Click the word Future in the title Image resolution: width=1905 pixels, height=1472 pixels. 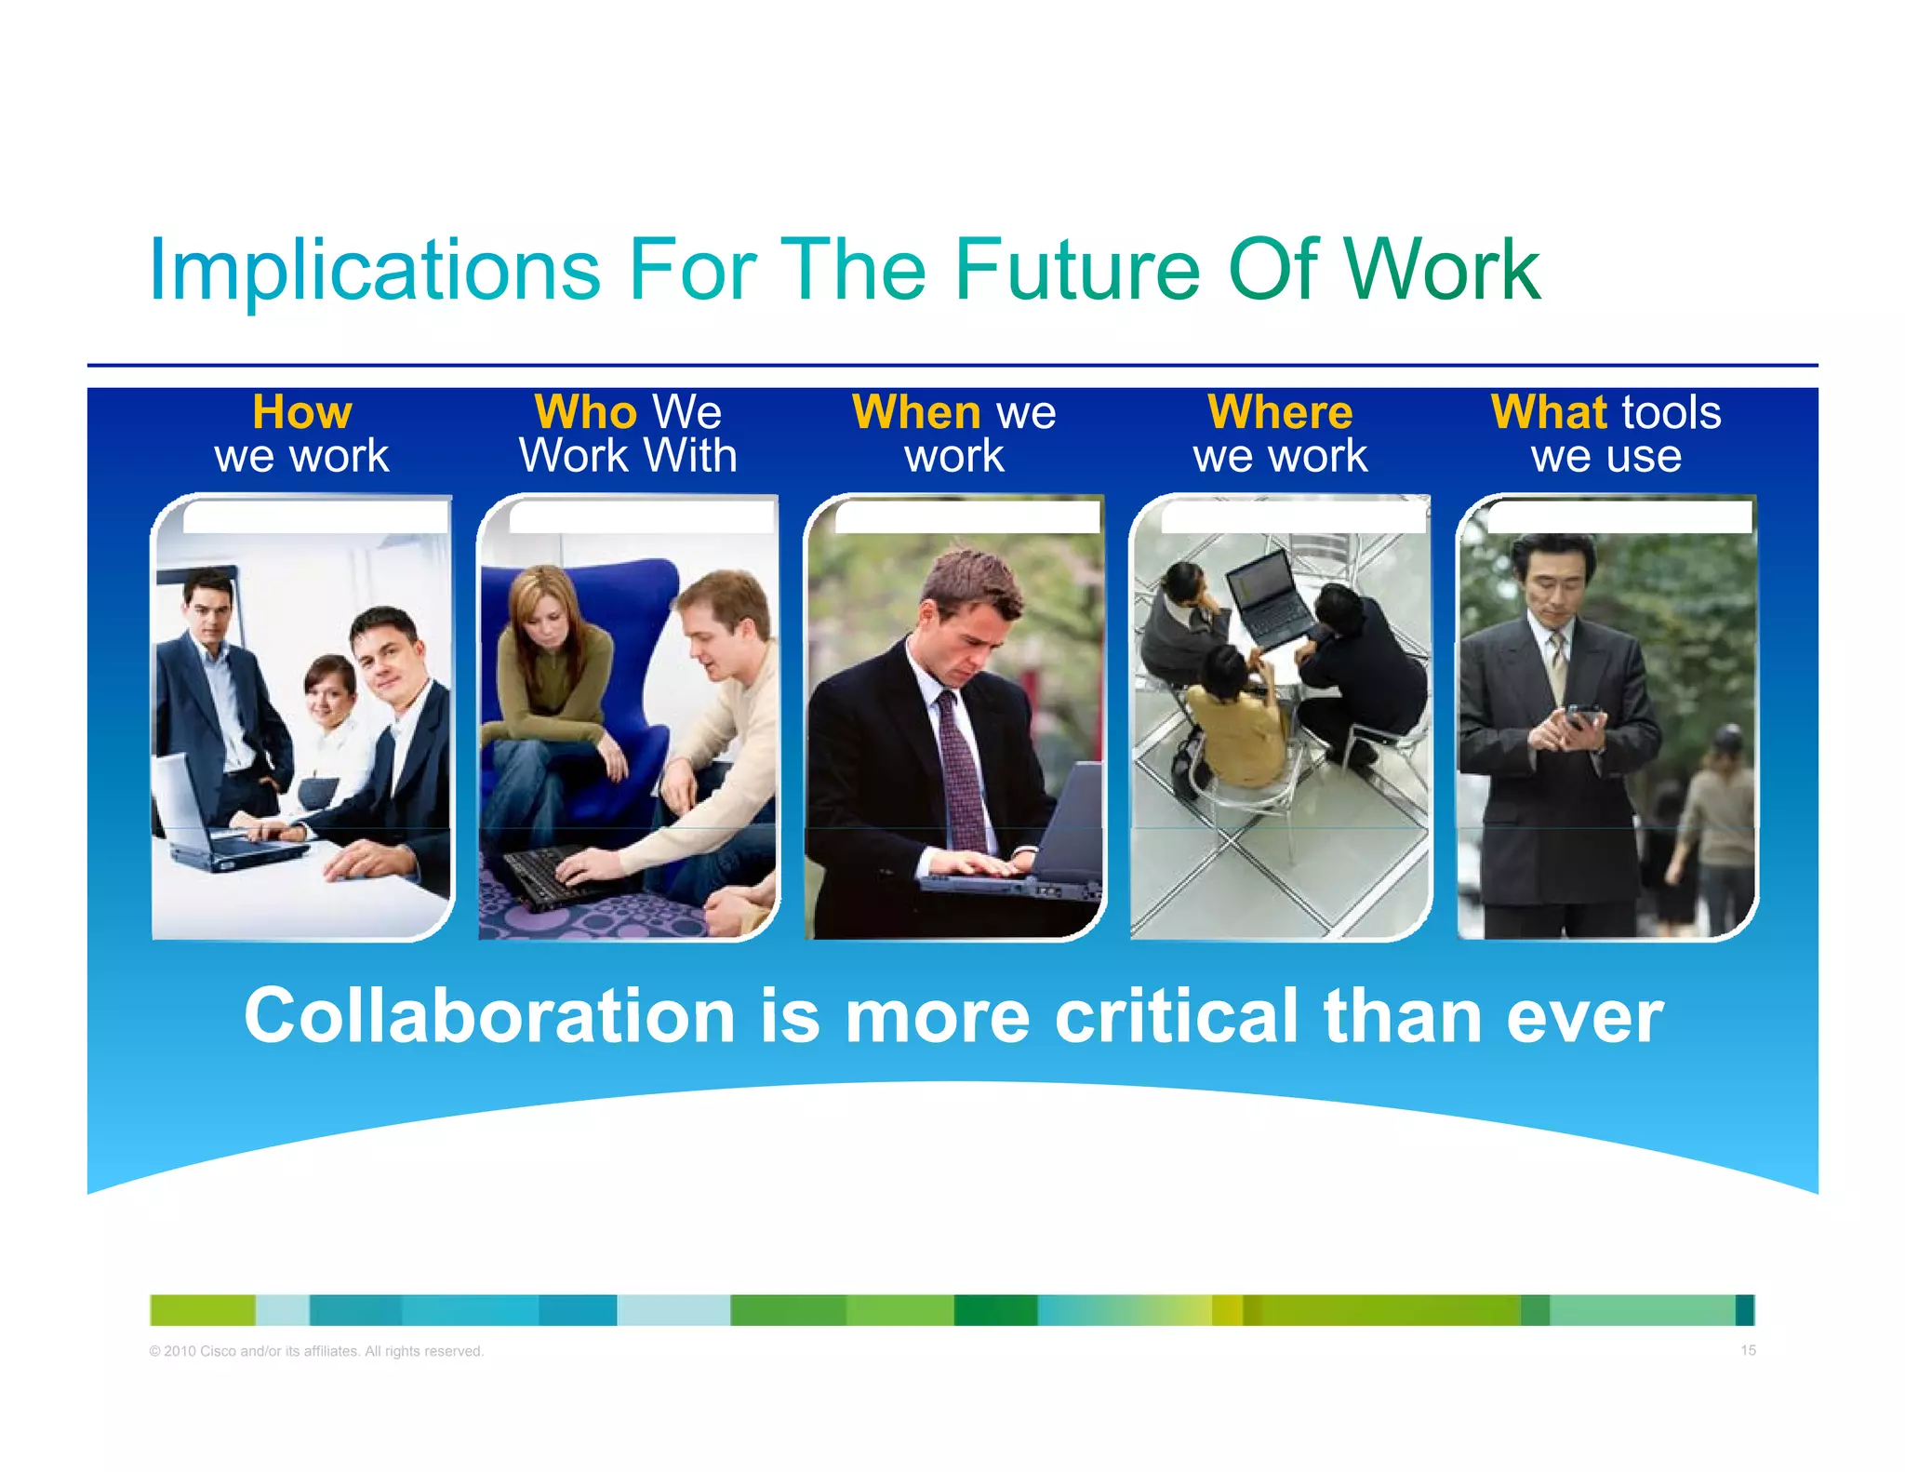click(x=1076, y=270)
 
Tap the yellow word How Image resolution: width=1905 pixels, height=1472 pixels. click(x=302, y=412)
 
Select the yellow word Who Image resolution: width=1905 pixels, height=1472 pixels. click(x=585, y=412)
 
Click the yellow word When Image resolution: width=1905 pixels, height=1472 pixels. click(x=916, y=412)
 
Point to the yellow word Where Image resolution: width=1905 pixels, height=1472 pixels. click(x=1280, y=412)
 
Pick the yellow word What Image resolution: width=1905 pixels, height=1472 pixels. click(x=1549, y=412)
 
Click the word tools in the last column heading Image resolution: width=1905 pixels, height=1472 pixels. click(x=1671, y=412)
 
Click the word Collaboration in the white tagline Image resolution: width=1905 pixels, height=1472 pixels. click(x=489, y=1016)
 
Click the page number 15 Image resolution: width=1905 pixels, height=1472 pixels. click(x=1748, y=1350)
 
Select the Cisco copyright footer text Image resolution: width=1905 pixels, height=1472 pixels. click(x=316, y=1351)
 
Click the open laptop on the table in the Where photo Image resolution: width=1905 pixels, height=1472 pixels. click(x=1270, y=595)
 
